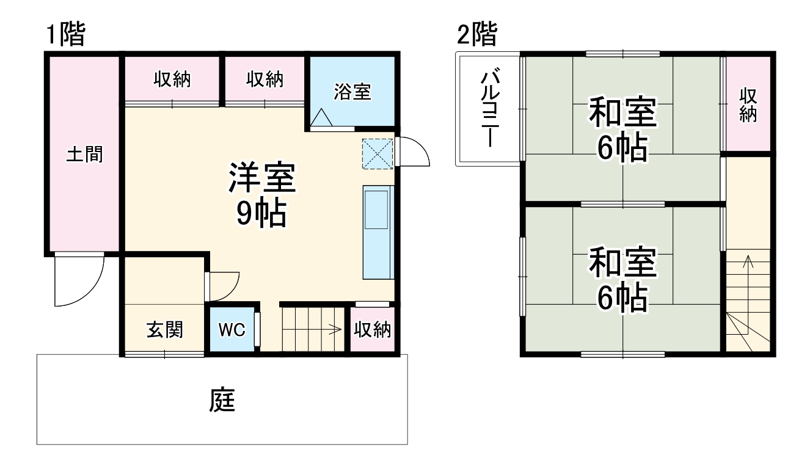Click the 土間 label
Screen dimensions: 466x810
(x=84, y=155)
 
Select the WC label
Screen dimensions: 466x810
(x=232, y=330)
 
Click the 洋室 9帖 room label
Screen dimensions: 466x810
(x=261, y=194)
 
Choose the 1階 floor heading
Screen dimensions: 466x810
(x=65, y=35)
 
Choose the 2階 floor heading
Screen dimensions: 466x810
(x=476, y=35)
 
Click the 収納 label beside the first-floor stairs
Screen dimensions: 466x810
(x=373, y=330)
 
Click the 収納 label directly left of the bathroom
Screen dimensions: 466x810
(x=265, y=79)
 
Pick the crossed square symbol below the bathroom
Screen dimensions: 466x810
(x=378, y=153)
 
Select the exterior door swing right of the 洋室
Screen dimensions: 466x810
(x=413, y=153)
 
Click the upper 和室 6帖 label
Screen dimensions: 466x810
(x=622, y=129)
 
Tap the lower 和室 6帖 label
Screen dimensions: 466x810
(x=622, y=280)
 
